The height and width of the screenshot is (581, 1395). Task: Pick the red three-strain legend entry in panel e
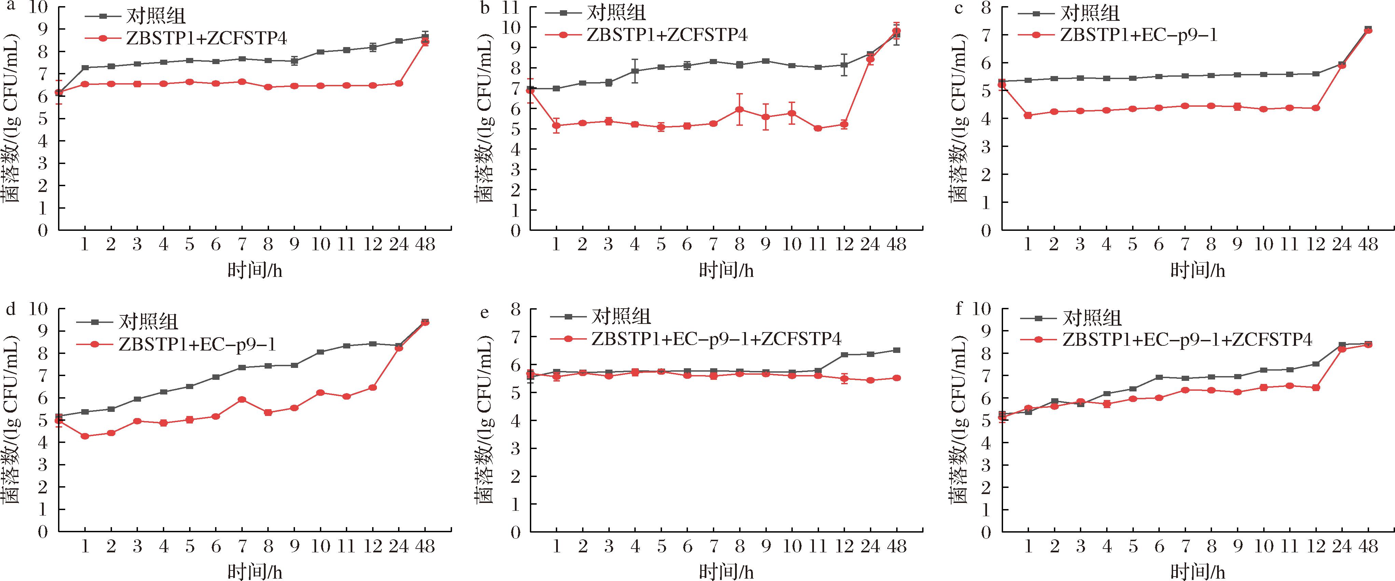point(716,339)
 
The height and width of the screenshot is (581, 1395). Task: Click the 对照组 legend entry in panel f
point(1092,318)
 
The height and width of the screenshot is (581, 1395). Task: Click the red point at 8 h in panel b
point(739,109)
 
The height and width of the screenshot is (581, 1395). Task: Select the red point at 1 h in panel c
point(1028,115)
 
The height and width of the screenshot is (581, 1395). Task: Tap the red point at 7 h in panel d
point(242,400)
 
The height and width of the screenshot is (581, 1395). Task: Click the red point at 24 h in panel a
point(398,83)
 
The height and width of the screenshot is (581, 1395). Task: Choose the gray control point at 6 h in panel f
point(1159,377)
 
